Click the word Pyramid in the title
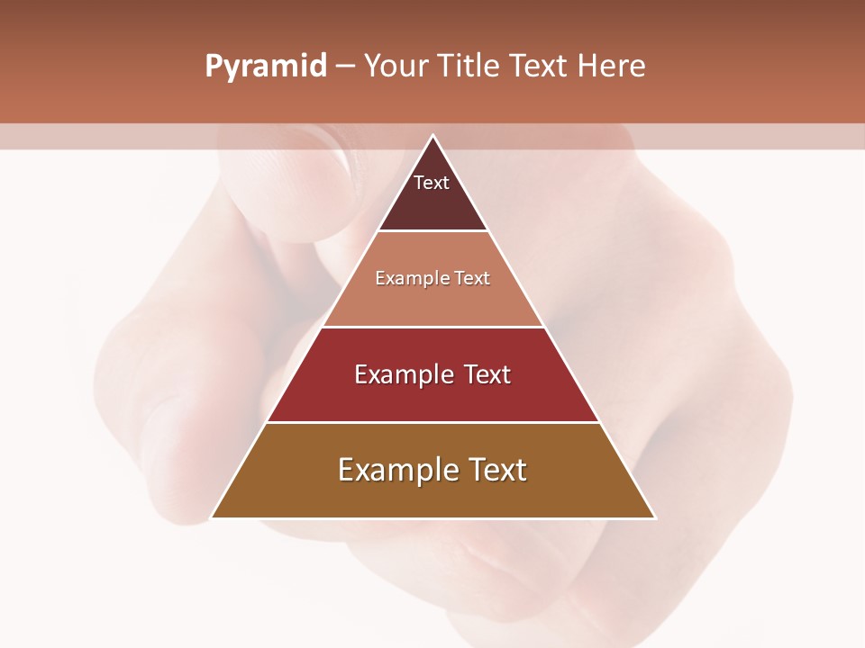pyautogui.click(x=265, y=67)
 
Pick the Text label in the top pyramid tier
pyautogui.click(x=432, y=183)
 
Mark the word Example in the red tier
pyautogui.click(x=404, y=374)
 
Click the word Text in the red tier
pyautogui.click(x=487, y=374)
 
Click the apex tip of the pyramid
pyautogui.click(x=432, y=137)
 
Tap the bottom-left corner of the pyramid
pyautogui.click(x=214, y=517)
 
